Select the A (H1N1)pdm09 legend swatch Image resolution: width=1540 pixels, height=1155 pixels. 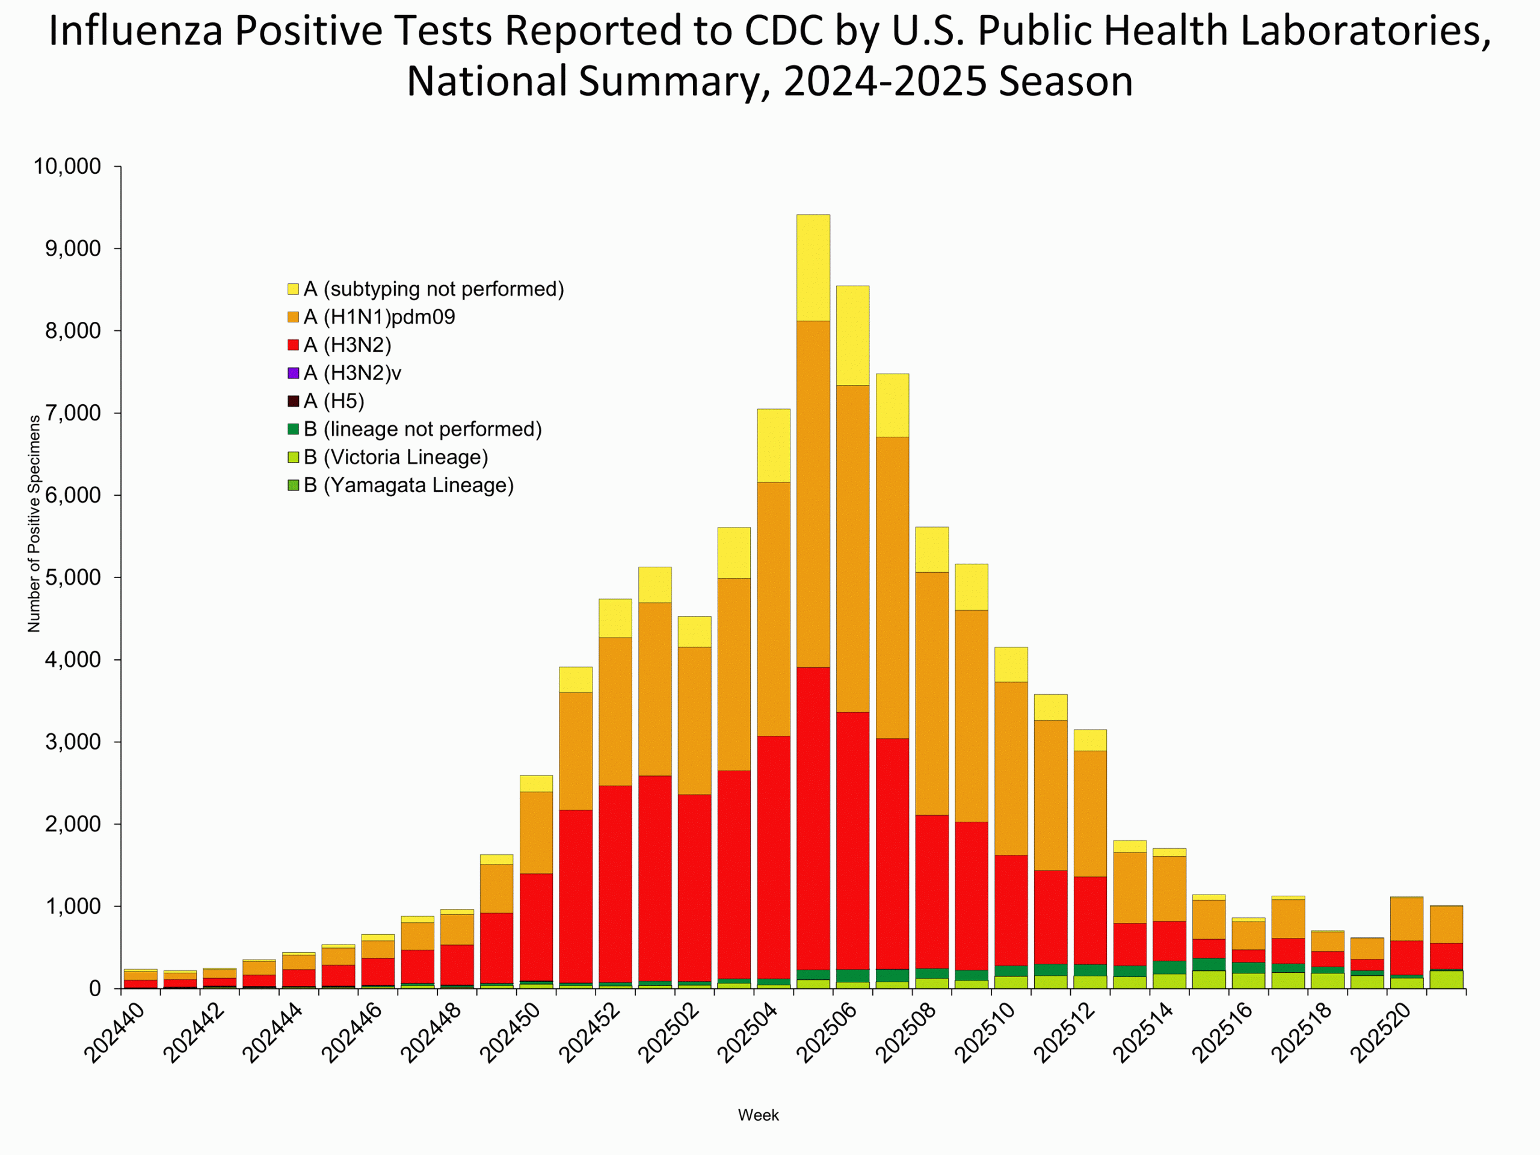point(293,318)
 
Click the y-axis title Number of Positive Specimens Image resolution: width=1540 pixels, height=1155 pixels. point(34,523)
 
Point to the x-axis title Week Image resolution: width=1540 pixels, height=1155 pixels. point(758,1115)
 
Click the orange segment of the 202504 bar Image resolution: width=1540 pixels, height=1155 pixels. point(773,609)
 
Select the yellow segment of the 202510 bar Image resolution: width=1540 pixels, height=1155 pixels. point(1010,664)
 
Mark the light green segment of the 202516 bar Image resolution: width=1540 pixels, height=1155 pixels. point(1248,981)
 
